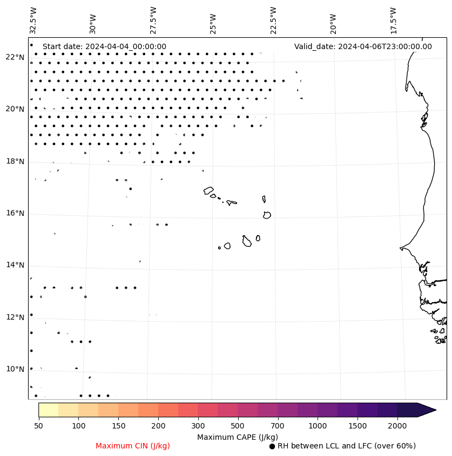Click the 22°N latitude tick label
[15, 57]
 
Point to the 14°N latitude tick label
[15, 265]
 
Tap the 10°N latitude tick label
[15, 369]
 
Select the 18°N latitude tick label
[15, 161]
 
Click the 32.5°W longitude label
[33, 20]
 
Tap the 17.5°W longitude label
[393, 20]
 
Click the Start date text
[104, 46]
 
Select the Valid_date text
[363, 46]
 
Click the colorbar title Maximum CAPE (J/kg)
[238, 437]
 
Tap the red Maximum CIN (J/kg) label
[133, 446]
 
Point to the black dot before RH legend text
[272, 446]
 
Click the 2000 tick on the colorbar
[397, 426]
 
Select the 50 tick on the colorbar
[38, 426]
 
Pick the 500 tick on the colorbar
[238, 426]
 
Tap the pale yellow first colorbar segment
[48, 410]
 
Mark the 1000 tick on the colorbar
[318, 426]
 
